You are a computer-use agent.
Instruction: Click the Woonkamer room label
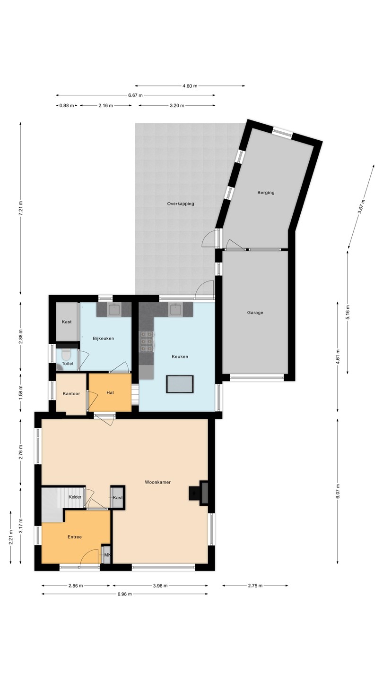(x=157, y=482)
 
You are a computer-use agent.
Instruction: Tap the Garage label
(x=255, y=313)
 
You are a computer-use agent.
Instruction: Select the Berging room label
(x=266, y=193)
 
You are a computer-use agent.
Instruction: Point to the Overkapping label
(x=181, y=204)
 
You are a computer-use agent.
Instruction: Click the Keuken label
(x=180, y=357)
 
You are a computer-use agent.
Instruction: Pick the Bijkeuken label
(x=104, y=338)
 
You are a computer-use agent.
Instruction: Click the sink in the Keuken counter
(x=176, y=309)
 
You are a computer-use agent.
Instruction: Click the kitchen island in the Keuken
(x=180, y=384)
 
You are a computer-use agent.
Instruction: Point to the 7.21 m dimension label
(x=21, y=208)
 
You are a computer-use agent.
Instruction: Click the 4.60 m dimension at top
(x=190, y=86)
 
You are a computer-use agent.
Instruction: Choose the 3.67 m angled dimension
(x=361, y=207)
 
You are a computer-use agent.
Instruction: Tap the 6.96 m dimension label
(x=125, y=594)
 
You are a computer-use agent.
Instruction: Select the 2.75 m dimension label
(x=255, y=586)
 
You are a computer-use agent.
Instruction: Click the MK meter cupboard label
(x=107, y=555)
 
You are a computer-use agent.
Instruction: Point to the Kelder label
(x=75, y=497)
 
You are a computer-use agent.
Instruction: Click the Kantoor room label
(x=71, y=393)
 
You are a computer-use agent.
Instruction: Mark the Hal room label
(x=110, y=392)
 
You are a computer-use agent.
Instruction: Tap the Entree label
(x=75, y=537)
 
